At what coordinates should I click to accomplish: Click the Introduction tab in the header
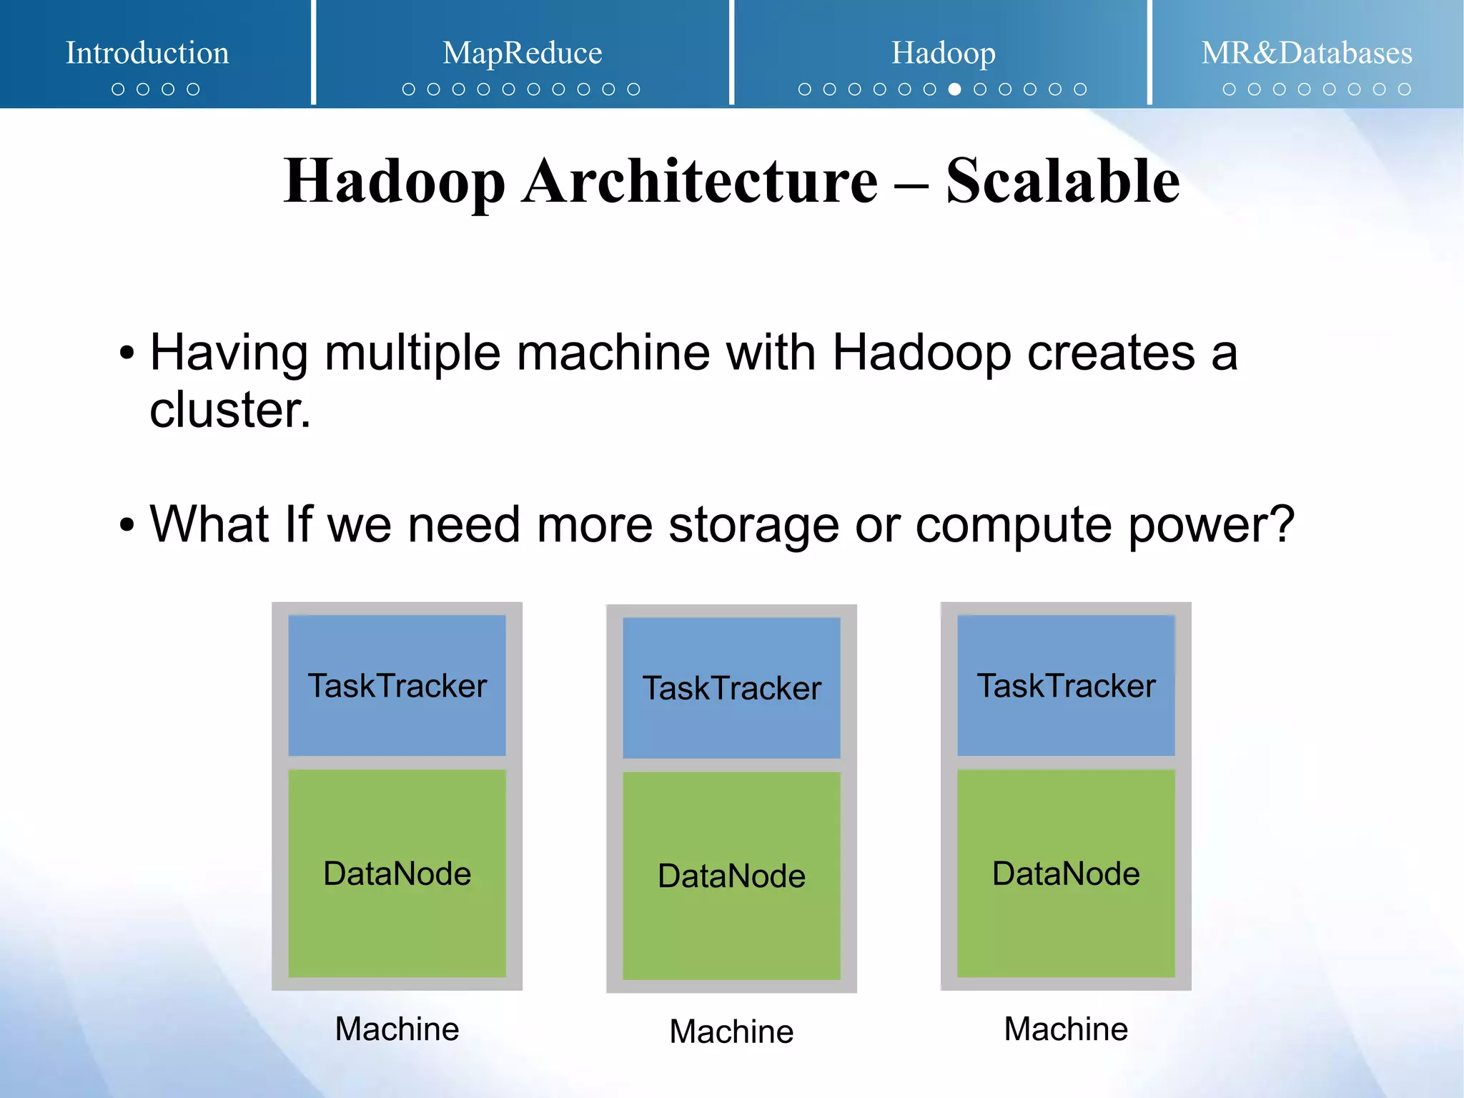coord(147,53)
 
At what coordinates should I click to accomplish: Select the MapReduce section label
coord(522,53)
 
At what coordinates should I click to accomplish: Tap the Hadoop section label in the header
coord(943,53)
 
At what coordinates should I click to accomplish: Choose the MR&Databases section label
coord(1306,53)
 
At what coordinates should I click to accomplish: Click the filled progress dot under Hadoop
coord(954,89)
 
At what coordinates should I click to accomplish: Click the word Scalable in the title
coord(1062,181)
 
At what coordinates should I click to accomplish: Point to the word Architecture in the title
coord(699,181)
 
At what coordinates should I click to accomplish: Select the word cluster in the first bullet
coord(229,411)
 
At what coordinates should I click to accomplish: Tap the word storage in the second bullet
coord(753,525)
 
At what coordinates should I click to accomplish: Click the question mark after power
coord(1284,524)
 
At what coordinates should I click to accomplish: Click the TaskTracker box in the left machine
coord(397,685)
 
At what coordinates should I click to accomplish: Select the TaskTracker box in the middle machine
coord(731,687)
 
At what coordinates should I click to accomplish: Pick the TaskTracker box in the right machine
coord(1066,685)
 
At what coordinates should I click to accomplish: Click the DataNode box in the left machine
coord(397,873)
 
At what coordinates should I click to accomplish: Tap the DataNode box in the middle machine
coord(731,876)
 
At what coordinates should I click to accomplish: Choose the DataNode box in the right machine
coord(1066,873)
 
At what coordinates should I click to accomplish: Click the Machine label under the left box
coord(397,1029)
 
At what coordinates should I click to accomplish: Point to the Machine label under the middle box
coord(731,1031)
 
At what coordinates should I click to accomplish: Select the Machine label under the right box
coord(1066,1029)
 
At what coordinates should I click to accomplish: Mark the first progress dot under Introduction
coord(118,89)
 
